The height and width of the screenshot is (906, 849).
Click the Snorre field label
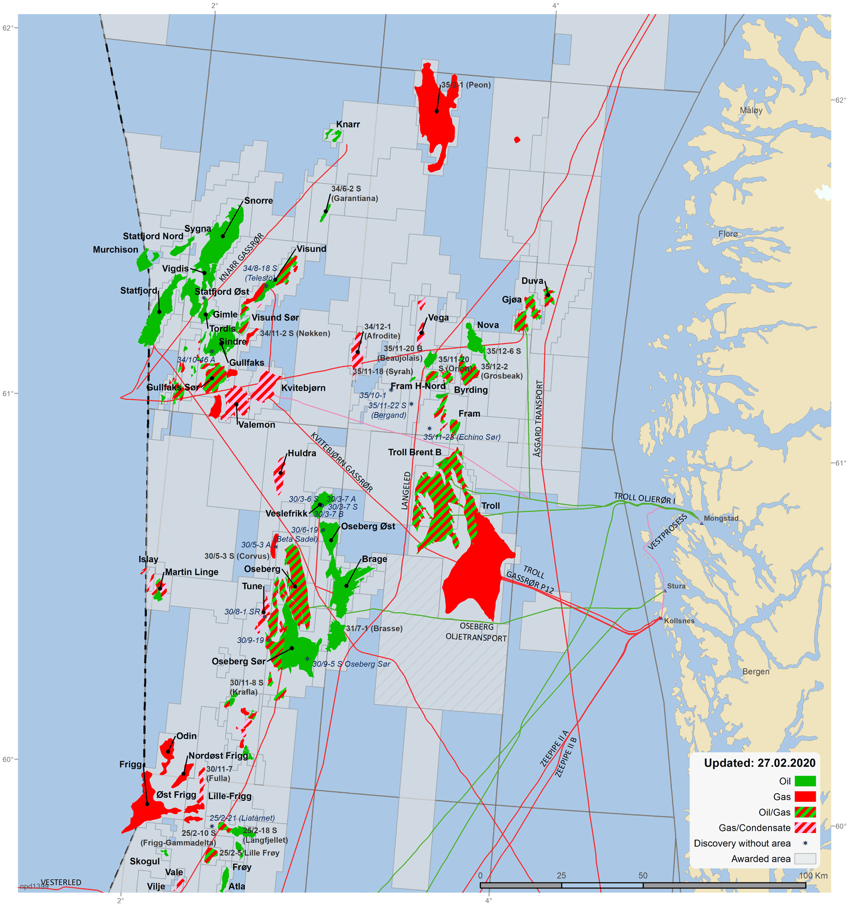click(x=258, y=201)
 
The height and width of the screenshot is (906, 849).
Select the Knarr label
click(x=348, y=124)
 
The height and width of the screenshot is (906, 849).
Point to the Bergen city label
click(x=756, y=671)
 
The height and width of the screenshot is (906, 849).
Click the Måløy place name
click(x=751, y=110)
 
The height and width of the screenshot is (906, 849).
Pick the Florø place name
click(x=728, y=234)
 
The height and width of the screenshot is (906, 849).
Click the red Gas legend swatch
click(x=805, y=796)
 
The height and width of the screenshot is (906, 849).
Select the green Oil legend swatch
click(x=805, y=781)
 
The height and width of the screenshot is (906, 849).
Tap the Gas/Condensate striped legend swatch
click(x=805, y=827)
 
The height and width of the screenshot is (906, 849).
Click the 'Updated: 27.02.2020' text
click(x=759, y=763)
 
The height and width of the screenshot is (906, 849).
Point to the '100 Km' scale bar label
click(x=813, y=875)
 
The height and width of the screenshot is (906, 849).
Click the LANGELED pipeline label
click(x=406, y=490)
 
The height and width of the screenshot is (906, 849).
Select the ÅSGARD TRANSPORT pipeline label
click(x=539, y=418)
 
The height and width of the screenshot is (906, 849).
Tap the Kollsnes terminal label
click(x=679, y=621)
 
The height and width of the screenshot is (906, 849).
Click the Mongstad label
click(x=720, y=518)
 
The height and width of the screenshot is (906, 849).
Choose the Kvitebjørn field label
click(x=303, y=388)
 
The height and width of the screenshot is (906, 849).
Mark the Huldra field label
click(x=301, y=453)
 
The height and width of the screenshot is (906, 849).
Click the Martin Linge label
click(x=191, y=572)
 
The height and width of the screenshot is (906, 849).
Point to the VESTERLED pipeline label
click(x=61, y=882)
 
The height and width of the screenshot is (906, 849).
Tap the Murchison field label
click(x=115, y=250)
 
